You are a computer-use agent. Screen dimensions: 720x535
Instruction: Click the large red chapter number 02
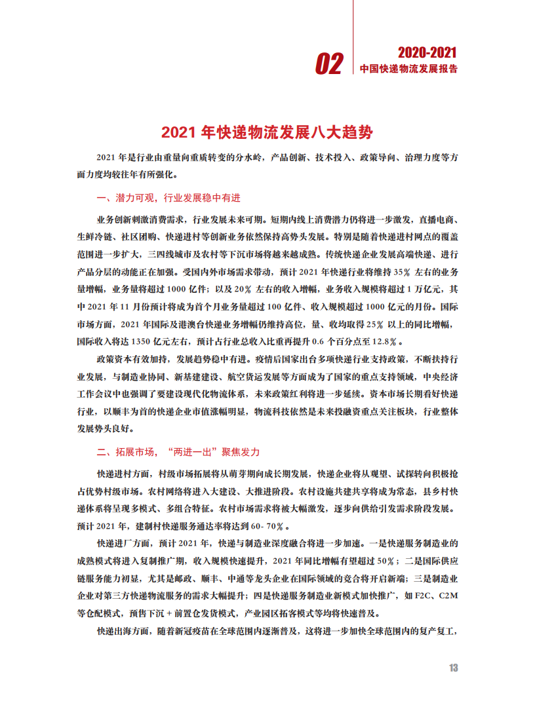[329, 64]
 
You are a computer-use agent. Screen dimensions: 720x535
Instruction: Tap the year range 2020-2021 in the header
[427, 53]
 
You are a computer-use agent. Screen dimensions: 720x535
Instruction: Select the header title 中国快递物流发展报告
[409, 69]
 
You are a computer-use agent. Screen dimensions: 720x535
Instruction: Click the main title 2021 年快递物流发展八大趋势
[267, 132]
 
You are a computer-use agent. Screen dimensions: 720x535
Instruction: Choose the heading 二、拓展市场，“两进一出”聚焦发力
[178, 452]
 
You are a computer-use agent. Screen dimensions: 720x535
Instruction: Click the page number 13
[453, 668]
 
